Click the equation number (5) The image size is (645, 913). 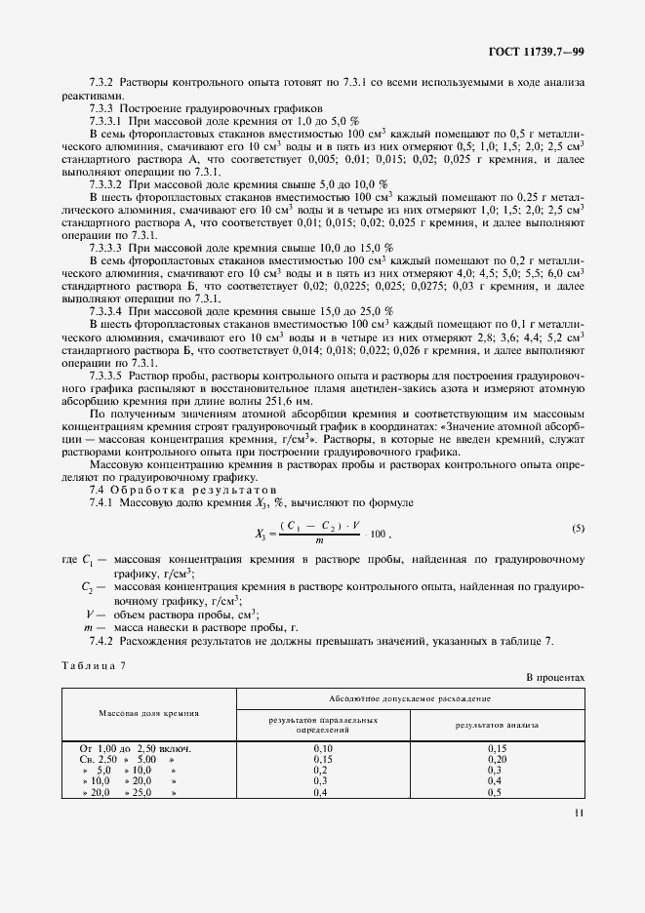578,529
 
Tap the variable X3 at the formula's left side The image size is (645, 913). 262,535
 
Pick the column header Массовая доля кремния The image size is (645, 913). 149,712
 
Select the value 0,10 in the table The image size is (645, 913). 324,748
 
